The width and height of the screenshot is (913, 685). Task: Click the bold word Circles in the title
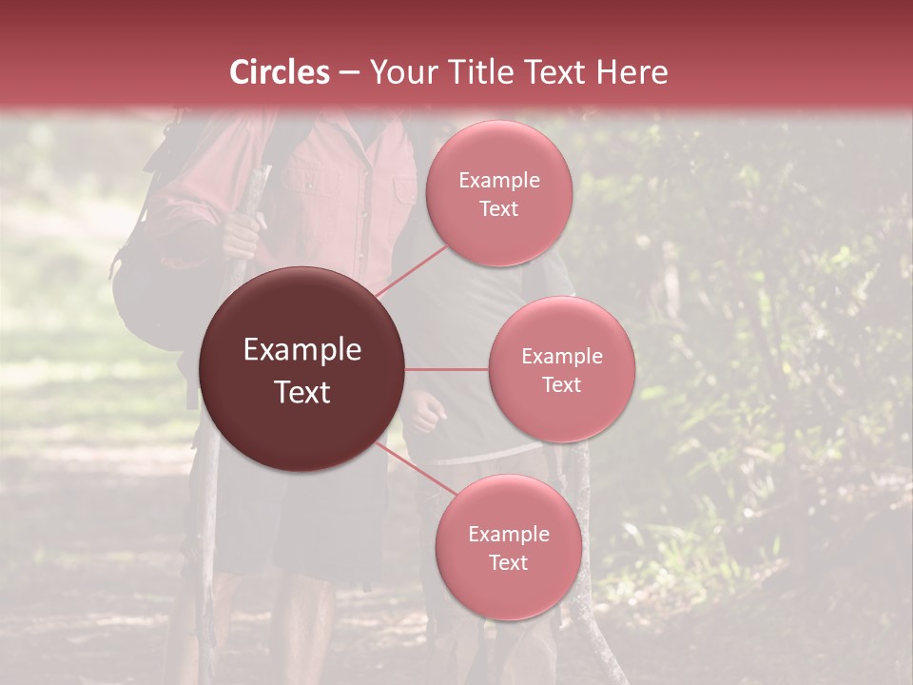point(280,72)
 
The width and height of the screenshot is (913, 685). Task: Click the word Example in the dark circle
point(302,350)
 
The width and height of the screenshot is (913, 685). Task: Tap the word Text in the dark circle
point(302,392)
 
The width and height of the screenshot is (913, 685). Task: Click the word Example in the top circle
point(499,181)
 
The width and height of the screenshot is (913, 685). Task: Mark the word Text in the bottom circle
point(508,562)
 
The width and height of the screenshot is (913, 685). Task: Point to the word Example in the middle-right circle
point(562,356)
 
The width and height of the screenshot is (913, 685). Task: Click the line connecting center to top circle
point(409,271)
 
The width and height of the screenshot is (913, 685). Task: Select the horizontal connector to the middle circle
point(447,369)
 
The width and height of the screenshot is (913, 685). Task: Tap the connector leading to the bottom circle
point(409,466)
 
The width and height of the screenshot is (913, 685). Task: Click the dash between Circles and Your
point(349,72)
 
